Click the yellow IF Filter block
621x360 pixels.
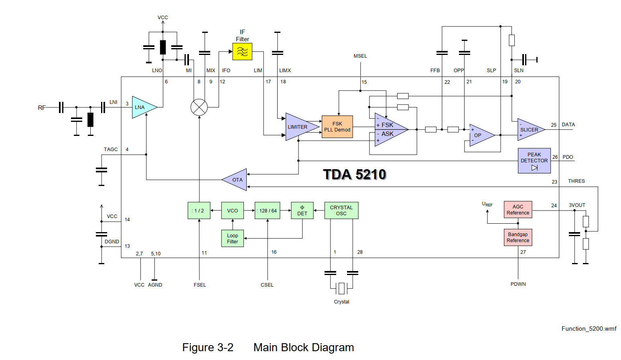tap(242, 51)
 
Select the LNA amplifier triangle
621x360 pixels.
tap(142, 107)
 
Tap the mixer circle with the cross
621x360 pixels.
tap(199, 107)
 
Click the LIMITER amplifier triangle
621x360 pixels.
tap(299, 127)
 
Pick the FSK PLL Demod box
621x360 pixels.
tap(337, 127)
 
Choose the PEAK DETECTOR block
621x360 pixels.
tap(534, 160)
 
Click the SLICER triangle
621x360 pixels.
tap(530, 129)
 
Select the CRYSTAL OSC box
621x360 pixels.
tap(341, 210)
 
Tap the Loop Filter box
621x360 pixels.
tap(232, 238)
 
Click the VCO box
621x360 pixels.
tap(232, 210)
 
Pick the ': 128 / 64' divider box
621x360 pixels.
tap(267, 210)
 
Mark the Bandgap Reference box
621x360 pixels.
tap(517, 237)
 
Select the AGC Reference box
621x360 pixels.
tap(517, 209)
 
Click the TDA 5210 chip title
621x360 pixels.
tap(354, 174)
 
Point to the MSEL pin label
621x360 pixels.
tap(360, 56)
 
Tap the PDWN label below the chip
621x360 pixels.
tap(518, 284)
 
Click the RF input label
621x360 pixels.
tap(42, 107)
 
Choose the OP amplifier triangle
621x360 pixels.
tap(480, 135)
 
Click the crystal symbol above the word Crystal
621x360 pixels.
tap(341, 288)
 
